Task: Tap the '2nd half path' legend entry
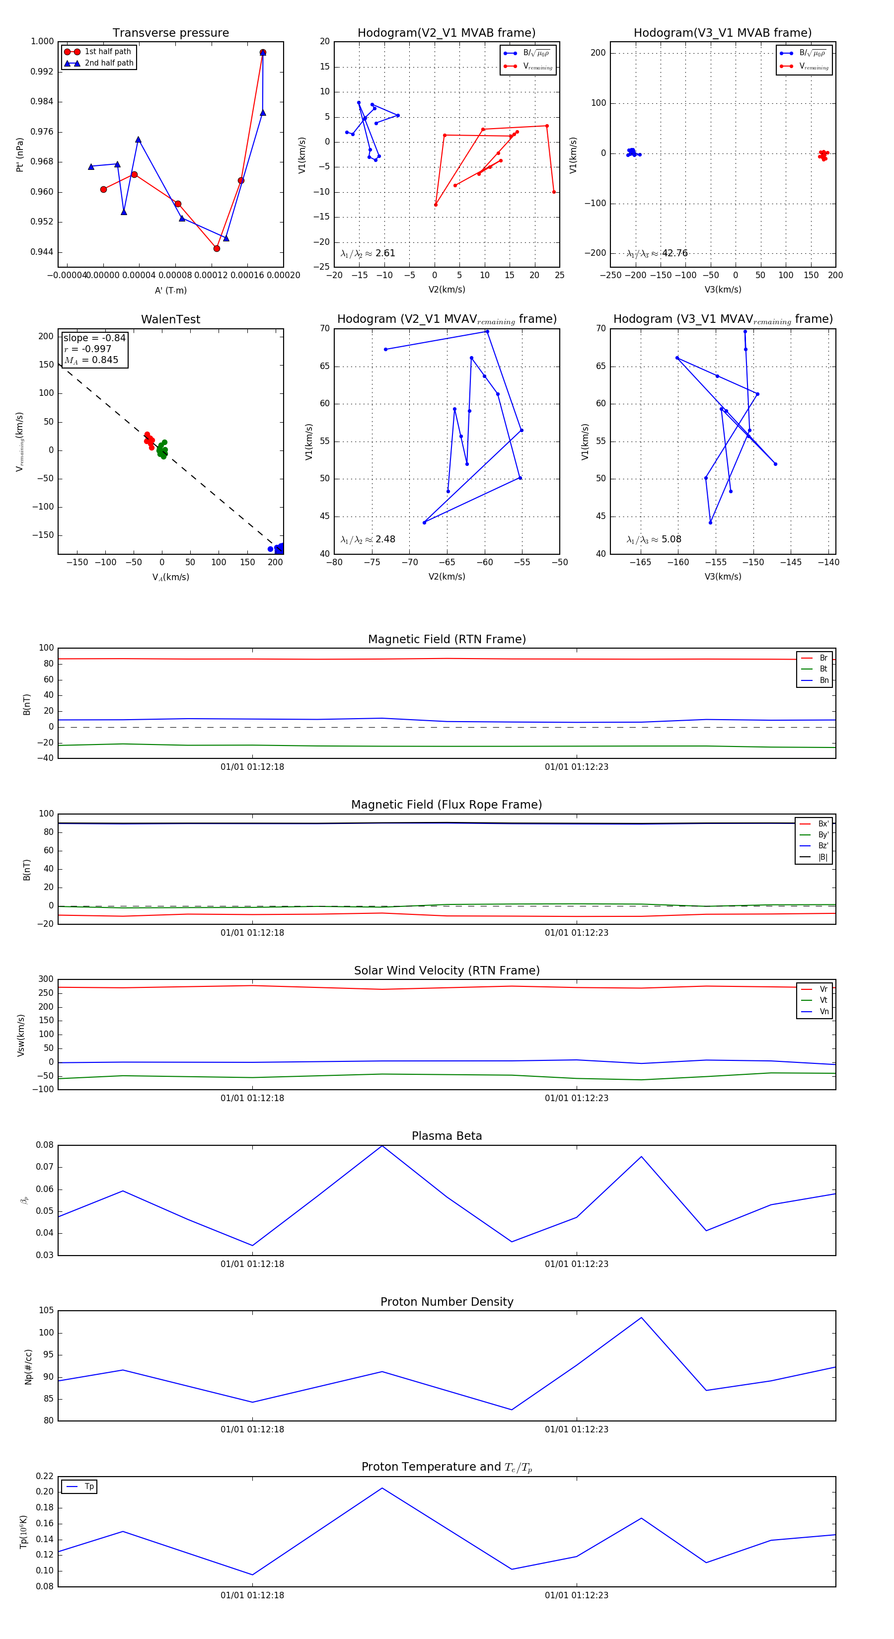(x=109, y=63)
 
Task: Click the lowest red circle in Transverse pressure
(x=217, y=248)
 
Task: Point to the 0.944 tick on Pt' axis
(x=42, y=252)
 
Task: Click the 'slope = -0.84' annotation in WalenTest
(x=94, y=338)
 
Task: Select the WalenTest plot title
(x=170, y=319)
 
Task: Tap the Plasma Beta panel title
(x=447, y=1136)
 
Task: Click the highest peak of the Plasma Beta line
(x=382, y=1145)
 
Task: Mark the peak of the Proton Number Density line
(x=641, y=1317)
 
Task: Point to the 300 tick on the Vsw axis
(x=46, y=979)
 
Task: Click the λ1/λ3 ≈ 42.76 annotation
(x=657, y=253)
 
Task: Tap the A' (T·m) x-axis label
(x=170, y=290)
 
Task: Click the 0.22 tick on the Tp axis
(x=45, y=1476)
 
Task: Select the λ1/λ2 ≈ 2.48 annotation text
(x=368, y=539)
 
